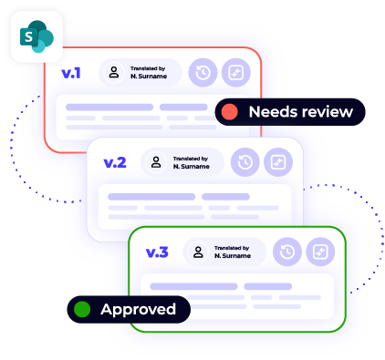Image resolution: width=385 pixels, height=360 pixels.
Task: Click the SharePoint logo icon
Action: click(x=37, y=36)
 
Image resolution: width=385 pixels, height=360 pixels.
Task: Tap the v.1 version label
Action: click(x=71, y=73)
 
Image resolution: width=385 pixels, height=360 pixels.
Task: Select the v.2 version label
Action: click(x=114, y=163)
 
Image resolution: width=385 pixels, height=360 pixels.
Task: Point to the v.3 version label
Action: click(x=157, y=252)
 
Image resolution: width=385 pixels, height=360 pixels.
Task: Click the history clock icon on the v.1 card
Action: click(x=203, y=73)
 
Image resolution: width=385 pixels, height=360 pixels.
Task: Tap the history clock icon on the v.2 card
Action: click(x=245, y=163)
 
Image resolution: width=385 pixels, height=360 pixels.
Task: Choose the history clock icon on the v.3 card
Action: click(x=287, y=252)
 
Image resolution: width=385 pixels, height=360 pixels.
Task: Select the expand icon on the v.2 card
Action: click(x=277, y=163)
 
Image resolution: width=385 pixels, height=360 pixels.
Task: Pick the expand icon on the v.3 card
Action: click(x=319, y=252)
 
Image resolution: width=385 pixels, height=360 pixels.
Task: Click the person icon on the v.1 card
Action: click(x=114, y=73)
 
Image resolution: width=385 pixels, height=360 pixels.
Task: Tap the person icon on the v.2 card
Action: click(x=157, y=163)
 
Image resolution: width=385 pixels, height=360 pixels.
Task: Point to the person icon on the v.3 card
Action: click(x=199, y=252)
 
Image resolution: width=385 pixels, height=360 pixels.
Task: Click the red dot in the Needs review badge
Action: click(x=230, y=112)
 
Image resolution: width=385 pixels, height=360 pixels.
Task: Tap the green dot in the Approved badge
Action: click(x=82, y=310)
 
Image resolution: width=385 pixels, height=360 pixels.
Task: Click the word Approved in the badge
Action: click(x=138, y=310)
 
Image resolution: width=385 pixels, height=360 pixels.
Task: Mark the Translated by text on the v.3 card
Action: click(x=232, y=247)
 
